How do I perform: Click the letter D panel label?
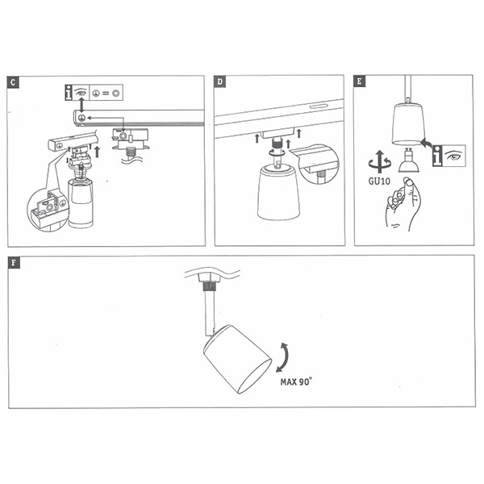[x=221, y=82]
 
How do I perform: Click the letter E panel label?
[x=361, y=82]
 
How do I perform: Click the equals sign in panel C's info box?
[x=106, y=94]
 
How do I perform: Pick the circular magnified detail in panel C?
[x=46, y=208]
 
